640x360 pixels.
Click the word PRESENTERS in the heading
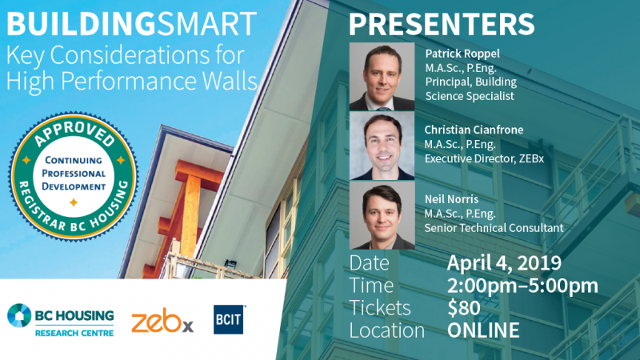(442, 24)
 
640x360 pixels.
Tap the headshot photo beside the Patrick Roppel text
(382, 76)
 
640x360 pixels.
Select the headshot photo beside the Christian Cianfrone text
(382, 146)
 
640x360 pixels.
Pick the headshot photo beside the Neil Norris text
(382, 215)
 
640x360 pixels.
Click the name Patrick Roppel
(462, 54)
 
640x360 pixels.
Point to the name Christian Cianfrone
(474, 130)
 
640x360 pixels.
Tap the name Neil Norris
(451, 199)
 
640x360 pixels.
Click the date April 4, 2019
(504, 263)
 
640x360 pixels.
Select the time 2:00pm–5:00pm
(523, 286)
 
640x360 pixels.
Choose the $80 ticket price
(464, 308)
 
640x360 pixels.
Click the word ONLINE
(484, 330)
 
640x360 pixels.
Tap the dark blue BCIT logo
(229, 319)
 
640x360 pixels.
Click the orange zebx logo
(162, 321)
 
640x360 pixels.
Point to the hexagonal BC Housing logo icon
(19, 315)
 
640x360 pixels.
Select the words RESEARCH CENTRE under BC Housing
(74, 333)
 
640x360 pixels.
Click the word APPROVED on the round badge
(74, 133)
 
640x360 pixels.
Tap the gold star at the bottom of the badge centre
(74, 202)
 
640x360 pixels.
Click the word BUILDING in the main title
(81, 24)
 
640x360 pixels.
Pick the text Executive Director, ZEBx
(484, 158)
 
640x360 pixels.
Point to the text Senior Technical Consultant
(494, 228)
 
